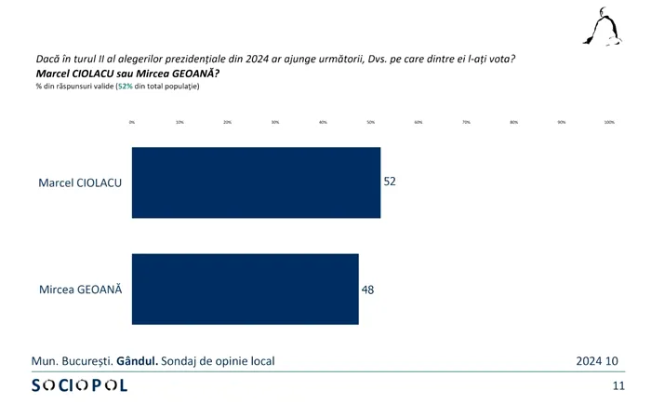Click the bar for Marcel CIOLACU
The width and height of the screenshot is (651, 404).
click(256, 182)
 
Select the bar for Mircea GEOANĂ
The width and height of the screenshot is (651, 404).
click(246, 289)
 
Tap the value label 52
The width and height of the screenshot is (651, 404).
click(390, 182)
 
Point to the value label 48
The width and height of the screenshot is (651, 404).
click(367, 289)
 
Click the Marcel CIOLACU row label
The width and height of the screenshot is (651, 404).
click(81, 182)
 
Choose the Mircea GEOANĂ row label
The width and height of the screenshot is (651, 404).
click(81, 290)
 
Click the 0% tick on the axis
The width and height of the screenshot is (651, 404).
click(132, 122)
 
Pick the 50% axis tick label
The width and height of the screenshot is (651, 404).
click(370, 122)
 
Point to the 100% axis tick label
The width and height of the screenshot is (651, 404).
click(609, 122)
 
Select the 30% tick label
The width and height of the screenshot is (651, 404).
click(275, 122)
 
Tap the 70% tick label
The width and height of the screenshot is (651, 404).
click(466, 122)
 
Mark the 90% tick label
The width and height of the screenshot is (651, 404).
click(562, 122)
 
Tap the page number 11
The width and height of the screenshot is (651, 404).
click(618, 385)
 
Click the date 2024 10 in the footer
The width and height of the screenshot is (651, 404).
click(596, 360)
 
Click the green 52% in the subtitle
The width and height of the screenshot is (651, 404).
click(124, 87)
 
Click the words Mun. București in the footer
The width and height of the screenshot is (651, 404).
click(72, 360)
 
